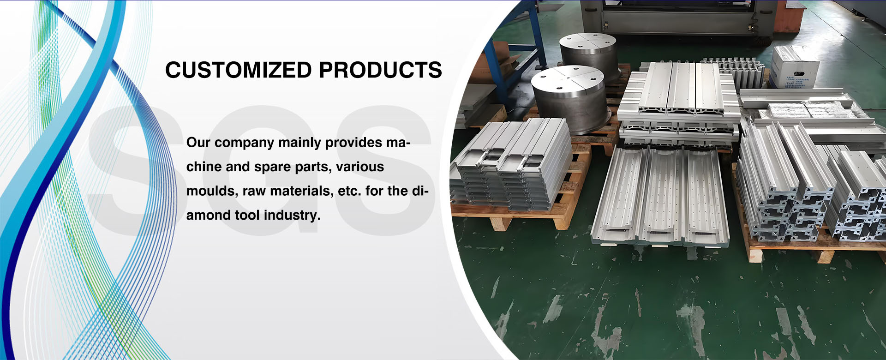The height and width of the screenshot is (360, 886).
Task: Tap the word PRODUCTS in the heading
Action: point(380,70)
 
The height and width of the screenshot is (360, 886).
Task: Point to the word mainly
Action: point(300,143)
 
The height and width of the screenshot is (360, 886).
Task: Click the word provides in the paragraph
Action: point(354,143)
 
